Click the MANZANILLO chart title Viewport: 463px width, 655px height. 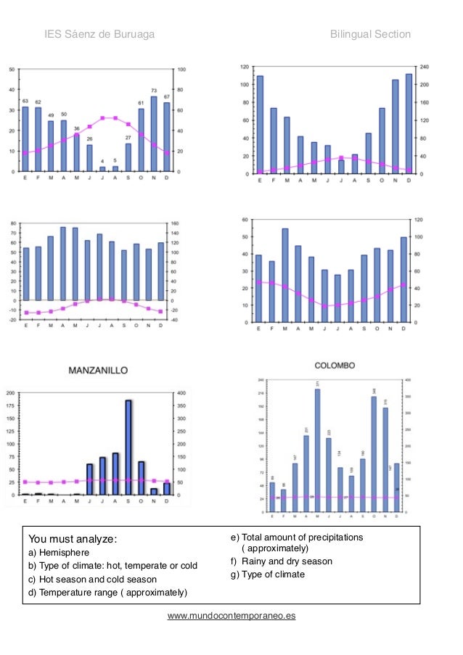[x=98, y=370]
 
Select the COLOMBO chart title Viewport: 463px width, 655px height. [x=335, y=366]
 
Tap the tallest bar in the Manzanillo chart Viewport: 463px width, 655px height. [x=128, y=447]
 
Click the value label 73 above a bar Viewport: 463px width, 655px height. [x=154, y=91]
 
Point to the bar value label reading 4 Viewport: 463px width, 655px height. [x=102, y=161]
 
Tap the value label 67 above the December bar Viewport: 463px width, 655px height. [x=167, y=96]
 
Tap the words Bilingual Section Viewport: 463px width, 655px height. [x=370, y=34]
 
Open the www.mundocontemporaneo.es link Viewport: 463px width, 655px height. [x=231, y=616]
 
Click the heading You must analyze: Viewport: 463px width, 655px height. [x=72, y=539]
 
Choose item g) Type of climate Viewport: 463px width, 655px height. [x=268, y=574]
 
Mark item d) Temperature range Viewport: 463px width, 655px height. [x=107, y=593]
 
